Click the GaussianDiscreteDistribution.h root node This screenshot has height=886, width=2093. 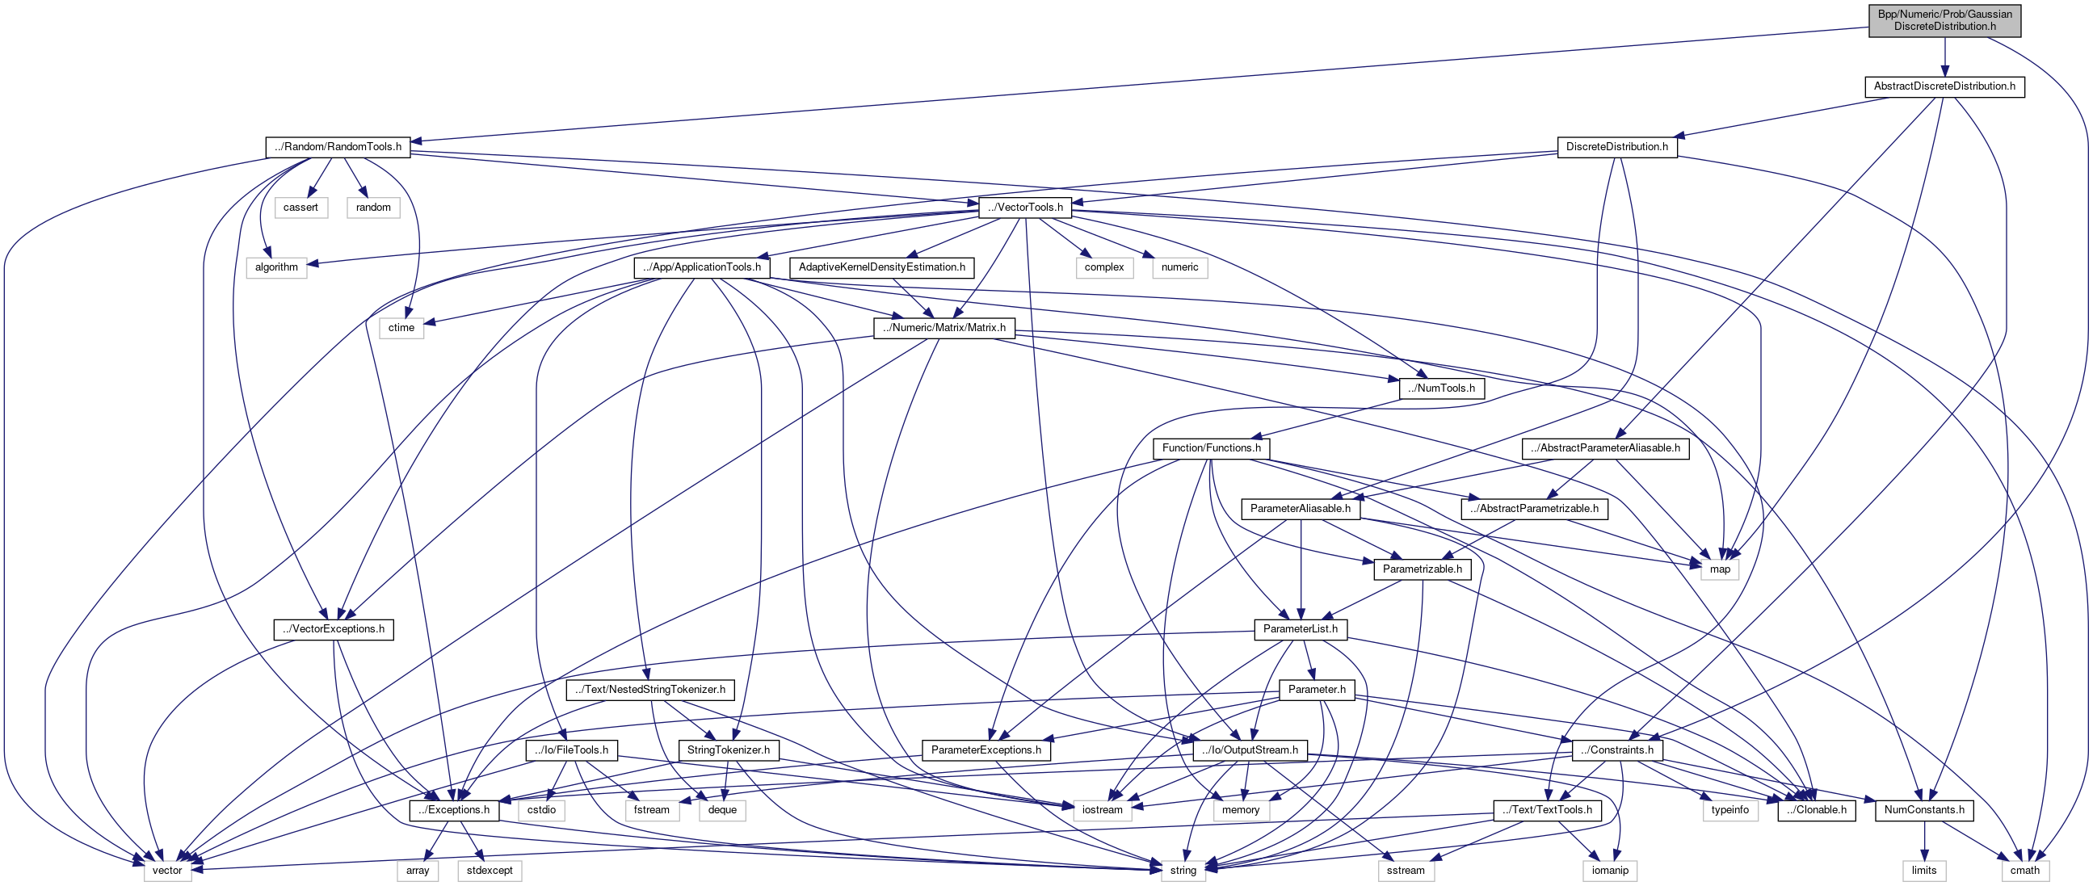coord(1944,20)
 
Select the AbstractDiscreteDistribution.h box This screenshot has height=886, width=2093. coord(1944,86)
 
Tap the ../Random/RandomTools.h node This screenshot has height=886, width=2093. coord(337,147)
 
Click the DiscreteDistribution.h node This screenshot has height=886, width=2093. coord(1616,147)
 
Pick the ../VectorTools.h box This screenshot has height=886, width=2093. coord(1024,207)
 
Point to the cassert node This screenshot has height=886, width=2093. coord(301,207)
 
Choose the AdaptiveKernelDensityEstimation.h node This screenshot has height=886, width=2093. coord(881,267)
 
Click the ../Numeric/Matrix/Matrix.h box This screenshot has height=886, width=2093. coord(944,327)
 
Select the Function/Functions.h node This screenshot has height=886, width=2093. coord(1211,447)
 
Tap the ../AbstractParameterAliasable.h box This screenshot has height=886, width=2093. coord(1605,447)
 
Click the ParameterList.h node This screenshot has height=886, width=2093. coord(1300,628)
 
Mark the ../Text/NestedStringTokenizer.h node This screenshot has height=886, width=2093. coord(650,690)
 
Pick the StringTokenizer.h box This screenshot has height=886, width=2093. coord(728,750)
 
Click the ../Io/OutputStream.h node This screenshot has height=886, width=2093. coord(1250,750)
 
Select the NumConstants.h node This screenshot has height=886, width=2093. coord(1923,809)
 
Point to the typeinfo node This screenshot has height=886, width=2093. coord(1729,809)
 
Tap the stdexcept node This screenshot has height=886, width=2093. coord(490,870)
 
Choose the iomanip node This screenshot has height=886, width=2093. coord(1610,870)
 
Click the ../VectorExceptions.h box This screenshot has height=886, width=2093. coord(333,628)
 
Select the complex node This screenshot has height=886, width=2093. coord(1104,267)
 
